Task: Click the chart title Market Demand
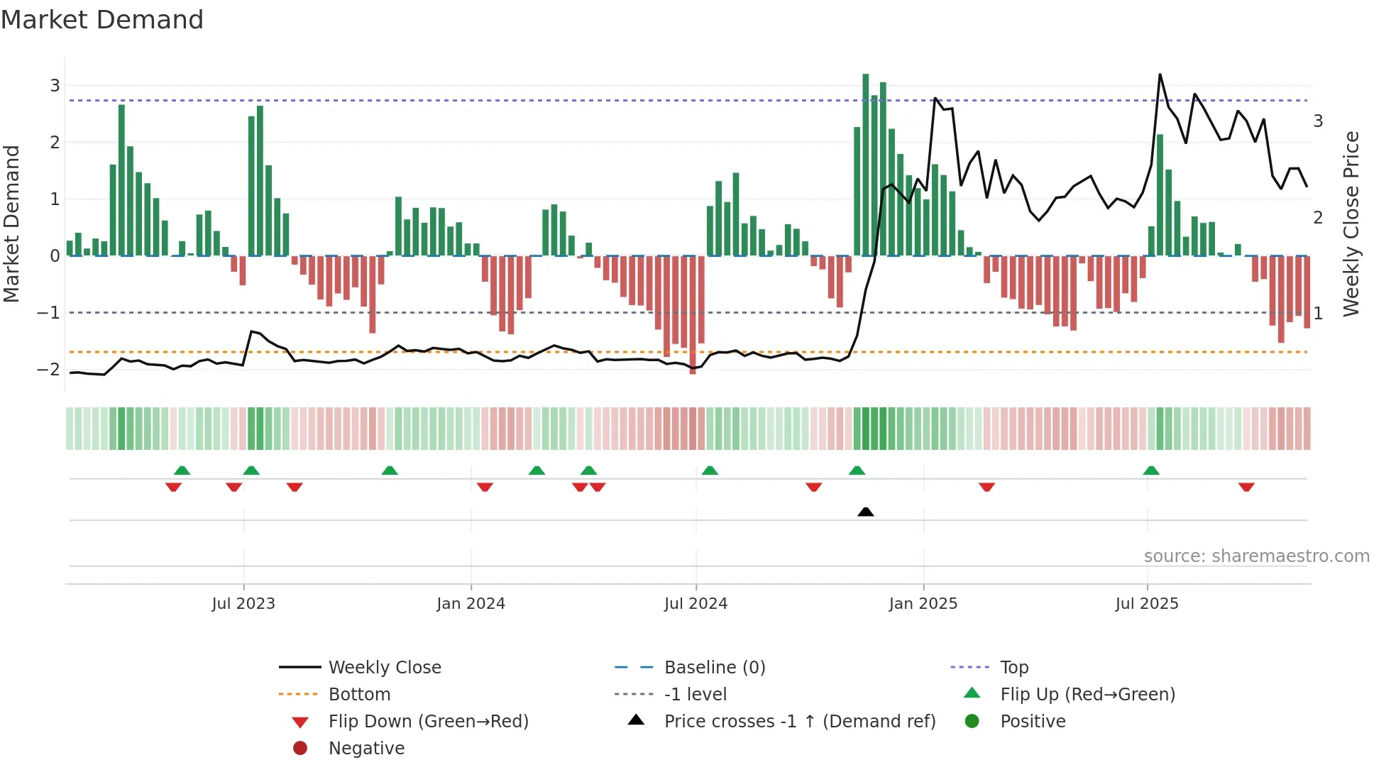(102, 19)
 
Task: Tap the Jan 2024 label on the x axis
(471, 604)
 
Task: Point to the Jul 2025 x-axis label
(1146, 604)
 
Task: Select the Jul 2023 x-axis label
(243, 604)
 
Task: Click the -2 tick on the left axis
(49, 369)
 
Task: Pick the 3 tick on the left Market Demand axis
(55, 86)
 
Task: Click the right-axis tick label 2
(1318, 218)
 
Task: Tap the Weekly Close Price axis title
(1351, 224)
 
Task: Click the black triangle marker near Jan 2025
(865, 512)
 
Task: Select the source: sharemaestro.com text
(1256, 556)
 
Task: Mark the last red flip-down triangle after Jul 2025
(1246, 487)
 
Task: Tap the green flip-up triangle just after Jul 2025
(1151, 470)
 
